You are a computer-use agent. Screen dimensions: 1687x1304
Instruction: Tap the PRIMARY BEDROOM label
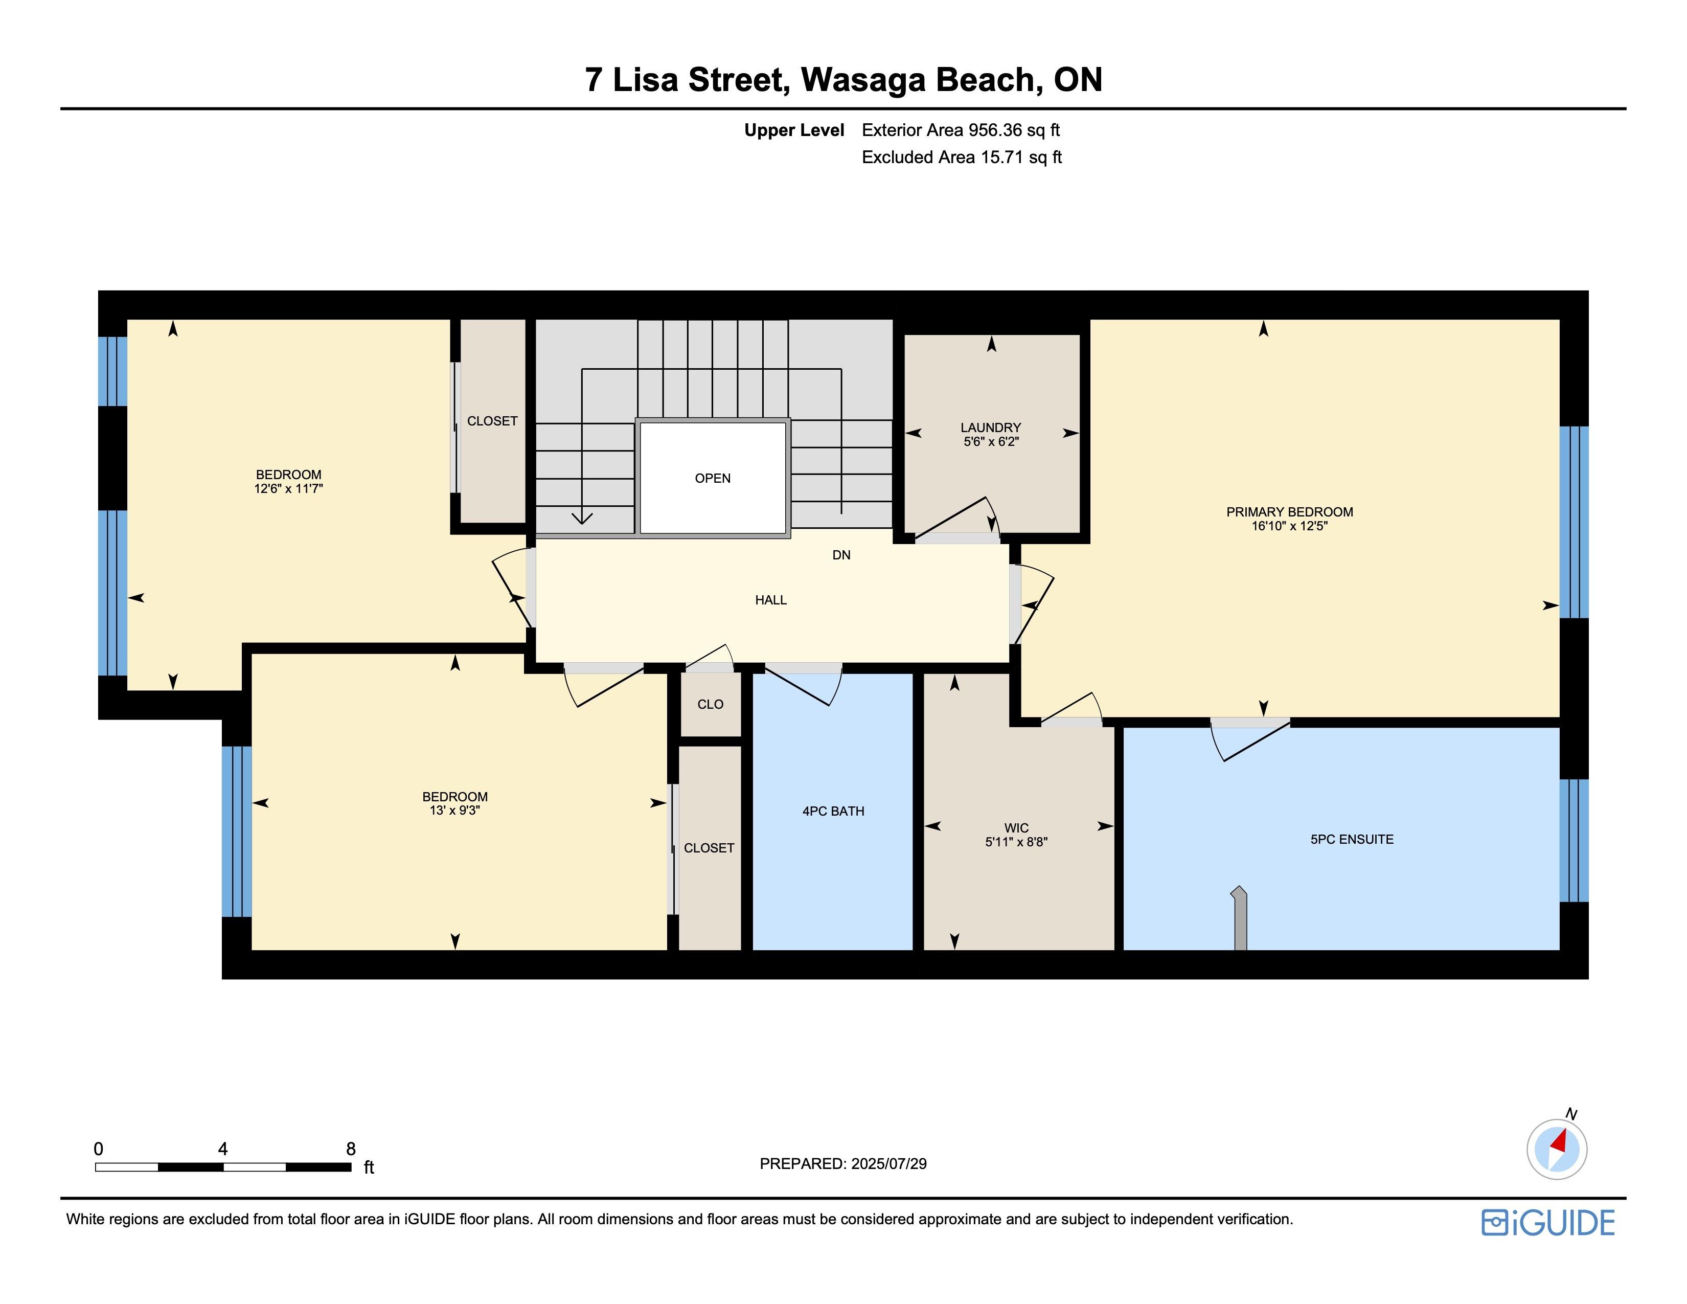pyautogui.click(x=1289, y=512)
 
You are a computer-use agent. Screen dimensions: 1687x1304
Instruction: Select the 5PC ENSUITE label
pyautogui.click(x=1352, y=839)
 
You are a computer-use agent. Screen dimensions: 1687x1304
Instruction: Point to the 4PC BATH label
pyautogui.click(x=833, y=811)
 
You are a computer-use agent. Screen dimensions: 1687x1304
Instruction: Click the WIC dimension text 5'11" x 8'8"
pyautogui.click(x=1016, y=842)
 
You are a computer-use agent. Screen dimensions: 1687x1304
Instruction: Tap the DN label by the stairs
pyautogui.click(x=841, y=555)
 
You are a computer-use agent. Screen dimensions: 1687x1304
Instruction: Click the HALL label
pyautogui.click(x=771, y=600)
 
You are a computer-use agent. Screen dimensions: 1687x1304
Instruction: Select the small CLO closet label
pyautogui.click(x=710, y=705)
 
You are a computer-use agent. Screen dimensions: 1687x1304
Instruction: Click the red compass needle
pyautogui.click(x=1558, y=1141)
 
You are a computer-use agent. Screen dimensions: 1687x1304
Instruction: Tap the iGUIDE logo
pyautogui.click(x=1548, y=1223)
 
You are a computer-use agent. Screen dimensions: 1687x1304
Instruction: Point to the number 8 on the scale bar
pyautogui.click(x=351, y=1149)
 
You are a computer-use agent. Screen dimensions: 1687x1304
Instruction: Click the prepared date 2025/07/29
pyautogui.click(x=888, y=1163)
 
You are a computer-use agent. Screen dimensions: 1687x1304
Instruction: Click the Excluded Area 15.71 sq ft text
pyautogui.click(x=962, y=157)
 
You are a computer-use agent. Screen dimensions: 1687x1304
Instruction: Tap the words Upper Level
pyautogui.click(x=794, y=130)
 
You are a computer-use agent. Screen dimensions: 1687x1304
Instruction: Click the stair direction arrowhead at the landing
pyautogui.click(x=582, y=518)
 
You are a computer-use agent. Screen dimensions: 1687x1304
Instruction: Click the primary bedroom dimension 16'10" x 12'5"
pyautogui.click(x=1289, y=526)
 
